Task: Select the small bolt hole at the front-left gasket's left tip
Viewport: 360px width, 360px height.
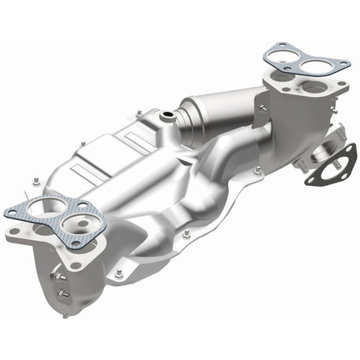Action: (x=10, y=211)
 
